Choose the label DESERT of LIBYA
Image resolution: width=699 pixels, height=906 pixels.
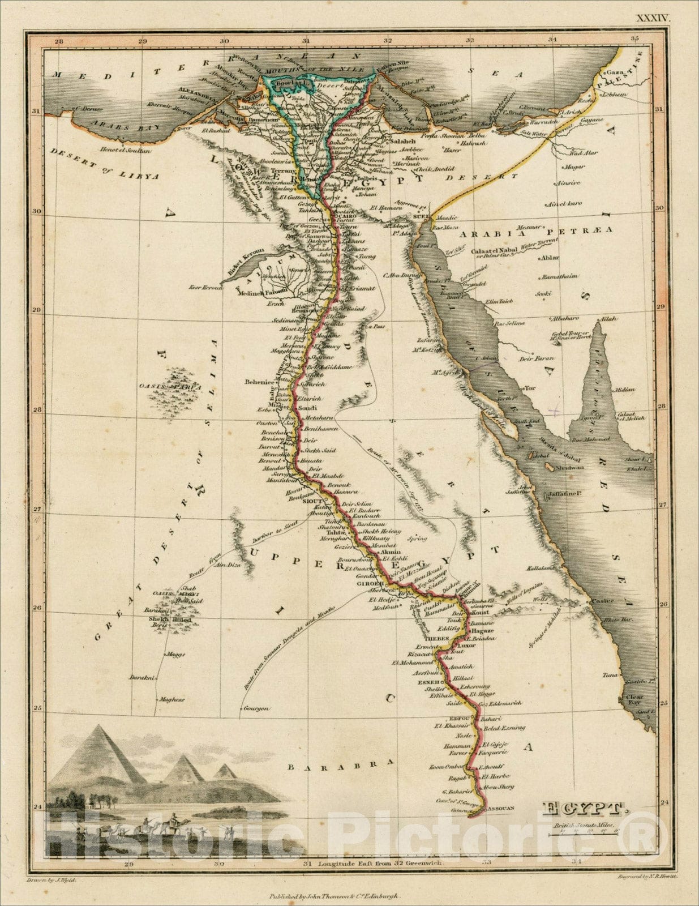click(x=104, y=164)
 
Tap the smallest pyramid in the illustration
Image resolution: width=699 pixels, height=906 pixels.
click(x=225, y=771)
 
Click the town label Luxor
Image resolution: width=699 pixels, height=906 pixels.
click(x=467, y=645)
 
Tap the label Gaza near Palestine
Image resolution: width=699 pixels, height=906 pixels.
click(x=615, y=73)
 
